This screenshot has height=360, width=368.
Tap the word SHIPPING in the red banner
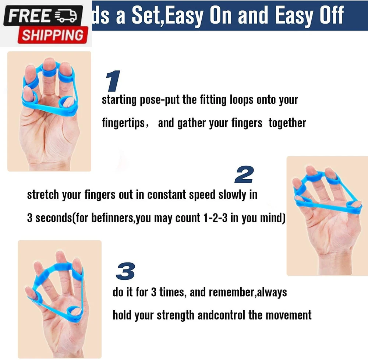click(53, 35)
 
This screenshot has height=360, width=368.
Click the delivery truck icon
click(66, 16)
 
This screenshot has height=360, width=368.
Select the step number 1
click(113, 81)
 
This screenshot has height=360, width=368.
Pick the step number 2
click(244, 174)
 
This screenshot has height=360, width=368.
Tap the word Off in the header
click(332, 15)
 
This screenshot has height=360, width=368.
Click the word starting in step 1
click(119, 100)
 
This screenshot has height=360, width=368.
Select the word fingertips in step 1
click(123, 123)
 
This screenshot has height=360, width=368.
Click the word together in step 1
click(287, 123)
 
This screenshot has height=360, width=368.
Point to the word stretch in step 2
click(43, 195)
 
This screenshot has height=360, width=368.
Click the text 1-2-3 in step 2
click(215, 218)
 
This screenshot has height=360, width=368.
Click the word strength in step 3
click(175, 315)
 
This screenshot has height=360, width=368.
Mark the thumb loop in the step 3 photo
click(75, 313)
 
